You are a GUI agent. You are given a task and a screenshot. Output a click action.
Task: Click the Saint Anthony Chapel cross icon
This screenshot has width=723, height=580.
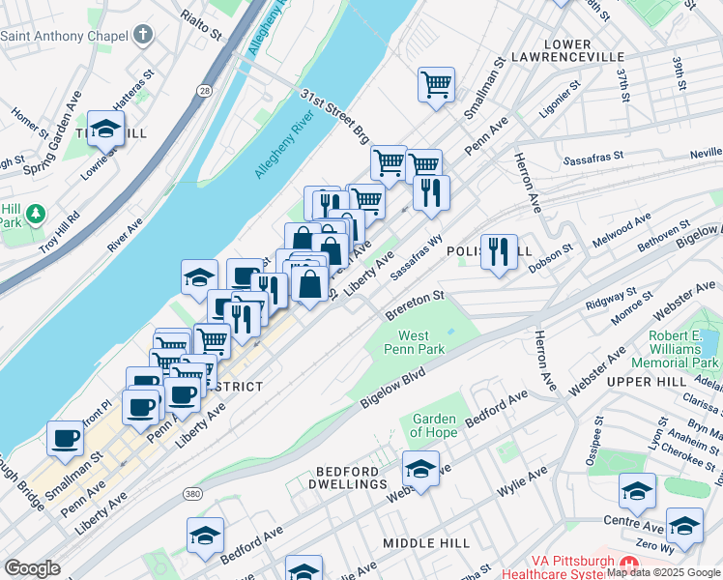[143, 37]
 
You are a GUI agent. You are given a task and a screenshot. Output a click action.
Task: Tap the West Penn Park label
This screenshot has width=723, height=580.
[413, 342]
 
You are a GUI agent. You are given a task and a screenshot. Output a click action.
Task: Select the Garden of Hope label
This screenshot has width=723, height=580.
[434, 425]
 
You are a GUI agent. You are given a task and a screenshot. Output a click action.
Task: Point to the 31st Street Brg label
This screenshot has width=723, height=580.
[334, 114]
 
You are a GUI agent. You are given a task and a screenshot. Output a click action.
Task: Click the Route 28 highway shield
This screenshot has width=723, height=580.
[203, 89]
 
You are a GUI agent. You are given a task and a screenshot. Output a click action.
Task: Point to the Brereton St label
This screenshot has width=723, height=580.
[414, 305]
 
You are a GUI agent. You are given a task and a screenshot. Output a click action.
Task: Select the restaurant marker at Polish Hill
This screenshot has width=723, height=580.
[499, 252]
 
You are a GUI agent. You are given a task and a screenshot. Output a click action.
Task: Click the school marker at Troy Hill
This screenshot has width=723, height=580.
[105, 129]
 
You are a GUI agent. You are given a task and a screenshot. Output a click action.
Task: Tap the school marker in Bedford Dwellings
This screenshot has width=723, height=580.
[420, 471]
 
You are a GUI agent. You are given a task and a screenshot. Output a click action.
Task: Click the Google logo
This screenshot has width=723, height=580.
[32, 568]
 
